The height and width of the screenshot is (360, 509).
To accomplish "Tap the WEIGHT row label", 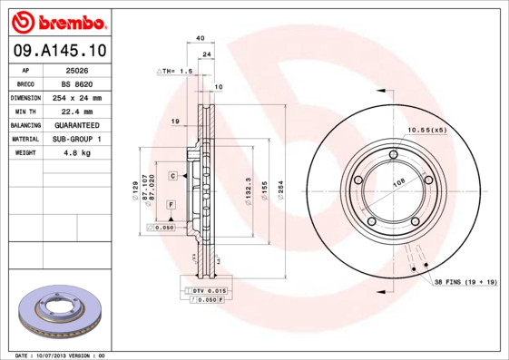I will (x=24, y=152).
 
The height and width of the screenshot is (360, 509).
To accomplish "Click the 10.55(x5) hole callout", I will (x=427, y=131).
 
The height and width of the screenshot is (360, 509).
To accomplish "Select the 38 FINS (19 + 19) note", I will (x=465, y=283).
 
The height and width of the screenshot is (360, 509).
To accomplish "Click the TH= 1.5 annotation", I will (x=177, y=70).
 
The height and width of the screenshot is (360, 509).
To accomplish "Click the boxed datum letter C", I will (x=171, y=175).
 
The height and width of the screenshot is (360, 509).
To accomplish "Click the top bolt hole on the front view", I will (x=393, y=154).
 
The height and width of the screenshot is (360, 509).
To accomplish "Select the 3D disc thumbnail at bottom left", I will (x=56, y=312).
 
